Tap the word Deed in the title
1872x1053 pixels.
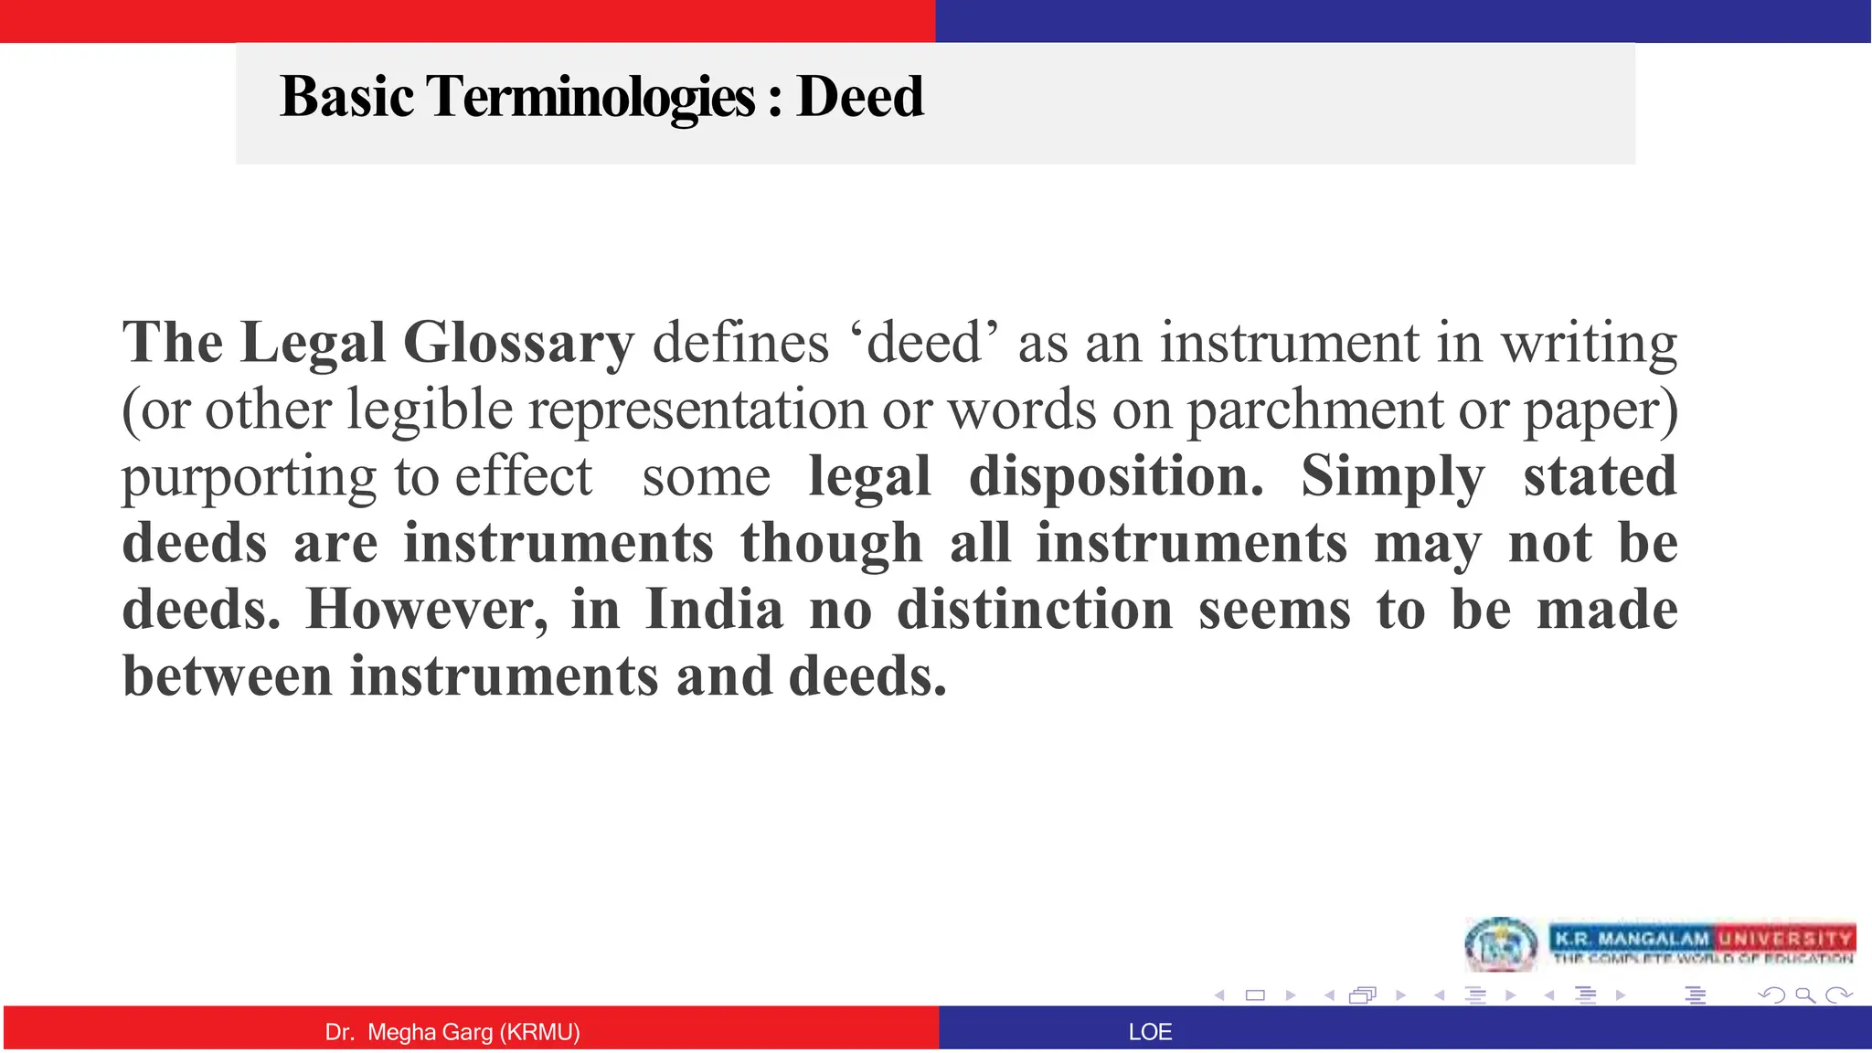coord(859,97)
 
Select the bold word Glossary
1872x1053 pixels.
coord(518,343)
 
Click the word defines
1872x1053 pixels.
coord(740,343)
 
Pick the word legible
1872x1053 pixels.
coord(430,409)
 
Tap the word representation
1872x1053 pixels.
coord(697,409)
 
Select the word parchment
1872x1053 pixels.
coord(1314,409)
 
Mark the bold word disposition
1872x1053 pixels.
coord(1115,476)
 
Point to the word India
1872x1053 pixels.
coord(714,610)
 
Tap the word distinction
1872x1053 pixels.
coord(1035,610)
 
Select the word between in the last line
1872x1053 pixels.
coord(227,676)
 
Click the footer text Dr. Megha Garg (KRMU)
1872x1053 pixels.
coord(452,1032)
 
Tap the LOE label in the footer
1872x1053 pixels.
coord(1150,1032)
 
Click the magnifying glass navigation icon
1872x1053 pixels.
coord(1804,994)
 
